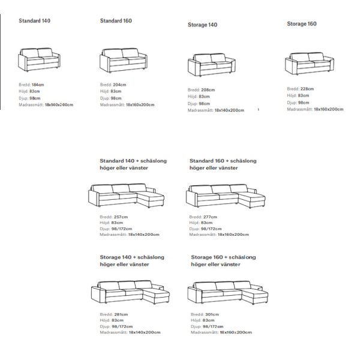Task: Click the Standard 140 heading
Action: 34,20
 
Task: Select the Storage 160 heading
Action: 302,24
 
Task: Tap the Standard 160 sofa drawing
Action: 124,61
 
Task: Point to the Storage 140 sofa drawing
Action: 212,65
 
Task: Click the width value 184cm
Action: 38,85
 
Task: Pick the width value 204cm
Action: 119,85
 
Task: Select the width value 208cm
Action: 208,90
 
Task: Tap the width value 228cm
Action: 307,89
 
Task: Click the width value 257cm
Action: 121,217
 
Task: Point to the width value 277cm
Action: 210,217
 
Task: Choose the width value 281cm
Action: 121,314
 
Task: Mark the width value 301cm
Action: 212,314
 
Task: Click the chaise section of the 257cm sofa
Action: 151,199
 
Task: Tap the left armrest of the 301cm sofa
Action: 194,295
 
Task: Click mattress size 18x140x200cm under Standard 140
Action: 59,104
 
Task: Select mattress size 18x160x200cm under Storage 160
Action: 329,109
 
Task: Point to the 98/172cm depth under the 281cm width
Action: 122,326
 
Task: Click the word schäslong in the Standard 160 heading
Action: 244,161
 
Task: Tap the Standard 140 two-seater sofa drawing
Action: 39,59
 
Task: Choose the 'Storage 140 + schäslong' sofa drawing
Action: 130,292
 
